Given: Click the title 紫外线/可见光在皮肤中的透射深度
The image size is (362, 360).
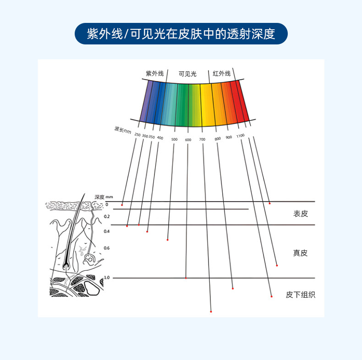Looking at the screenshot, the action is pos(181,34).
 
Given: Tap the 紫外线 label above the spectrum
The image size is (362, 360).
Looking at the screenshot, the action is pos(155,73).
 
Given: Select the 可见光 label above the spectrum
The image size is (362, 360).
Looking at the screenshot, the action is pos(187,74).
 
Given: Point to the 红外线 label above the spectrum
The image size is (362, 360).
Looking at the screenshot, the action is pos(222,73).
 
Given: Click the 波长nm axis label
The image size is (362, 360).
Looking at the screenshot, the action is pos(123,130).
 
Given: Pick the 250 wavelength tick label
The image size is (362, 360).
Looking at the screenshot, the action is pos(137,135).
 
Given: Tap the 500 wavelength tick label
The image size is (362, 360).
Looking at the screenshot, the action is pos(174,139).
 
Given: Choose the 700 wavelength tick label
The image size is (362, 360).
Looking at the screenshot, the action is pos(202,139).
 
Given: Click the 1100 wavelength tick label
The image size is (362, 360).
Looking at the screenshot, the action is pos(240,136).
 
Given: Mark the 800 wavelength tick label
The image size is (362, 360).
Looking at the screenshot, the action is pos(218,139).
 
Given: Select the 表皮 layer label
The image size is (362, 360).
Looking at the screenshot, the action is pos(301,214).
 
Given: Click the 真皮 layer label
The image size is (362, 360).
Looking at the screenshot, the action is pos(300,253).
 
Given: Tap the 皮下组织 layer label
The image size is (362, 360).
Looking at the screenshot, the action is pos(300,295).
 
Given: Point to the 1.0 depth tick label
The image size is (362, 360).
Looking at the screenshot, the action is pos(107,278).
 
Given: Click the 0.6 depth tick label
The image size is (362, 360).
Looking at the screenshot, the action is pos(107,248).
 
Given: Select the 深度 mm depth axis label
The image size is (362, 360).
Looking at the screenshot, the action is pos(104,197).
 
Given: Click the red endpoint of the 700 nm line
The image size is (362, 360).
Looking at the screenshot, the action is pos(211,311).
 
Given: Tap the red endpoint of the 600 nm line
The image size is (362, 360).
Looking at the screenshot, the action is pos(186,278).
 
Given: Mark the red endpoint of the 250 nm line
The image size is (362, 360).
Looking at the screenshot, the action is pos(122,205).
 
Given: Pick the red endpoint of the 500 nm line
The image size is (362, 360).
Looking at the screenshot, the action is pos(168,240).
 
